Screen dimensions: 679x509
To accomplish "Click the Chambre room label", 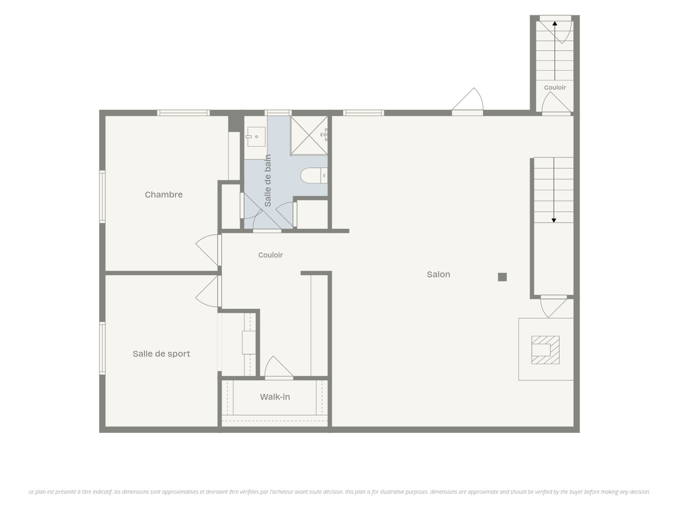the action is click(164, 194).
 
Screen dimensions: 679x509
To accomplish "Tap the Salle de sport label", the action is click(161, 354).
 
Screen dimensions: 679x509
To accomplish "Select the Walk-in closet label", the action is click(275, 397).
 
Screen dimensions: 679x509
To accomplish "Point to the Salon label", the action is click(438, 274).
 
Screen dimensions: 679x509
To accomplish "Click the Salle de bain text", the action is click(268, 181).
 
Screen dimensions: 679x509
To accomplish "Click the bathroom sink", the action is click(256, 136).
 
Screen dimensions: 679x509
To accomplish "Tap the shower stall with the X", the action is click(309, 135).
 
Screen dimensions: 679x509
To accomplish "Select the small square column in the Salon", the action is click(502, 277).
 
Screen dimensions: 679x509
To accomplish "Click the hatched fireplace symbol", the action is click(545, 350).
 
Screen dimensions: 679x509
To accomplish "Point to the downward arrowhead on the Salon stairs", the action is click(554, 221).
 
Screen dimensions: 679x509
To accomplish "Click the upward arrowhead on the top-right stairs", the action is click(555, 23).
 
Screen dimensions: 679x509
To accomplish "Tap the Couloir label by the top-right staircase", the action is click(555, 87).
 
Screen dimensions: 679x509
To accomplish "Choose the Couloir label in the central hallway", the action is click(271, 255).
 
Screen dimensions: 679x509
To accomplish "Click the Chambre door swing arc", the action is click(207, 250).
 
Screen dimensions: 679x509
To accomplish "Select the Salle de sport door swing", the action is click(207, 291).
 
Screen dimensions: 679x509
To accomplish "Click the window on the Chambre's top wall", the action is click(183, 113).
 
